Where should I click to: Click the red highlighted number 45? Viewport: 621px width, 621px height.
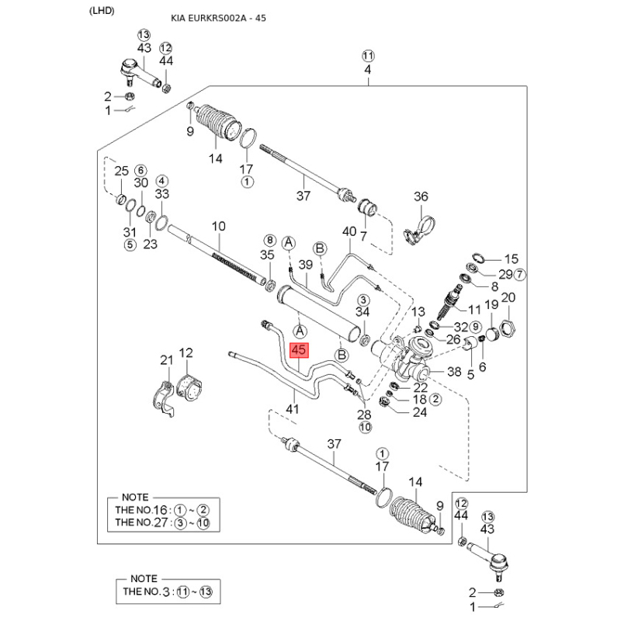point(299,350)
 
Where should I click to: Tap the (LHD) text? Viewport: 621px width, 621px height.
point(102,11)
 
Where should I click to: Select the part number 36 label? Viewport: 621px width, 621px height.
point(421,196)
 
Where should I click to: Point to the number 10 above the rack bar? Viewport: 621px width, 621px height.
point(219,226)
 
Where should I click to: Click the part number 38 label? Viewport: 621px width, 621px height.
point(454,372)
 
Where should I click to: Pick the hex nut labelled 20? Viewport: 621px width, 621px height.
point(508,328)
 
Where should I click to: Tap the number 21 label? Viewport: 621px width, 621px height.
point(167,360)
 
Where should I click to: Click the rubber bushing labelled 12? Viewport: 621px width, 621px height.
point(189,386)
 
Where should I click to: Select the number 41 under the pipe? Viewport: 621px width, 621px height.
point(293,408)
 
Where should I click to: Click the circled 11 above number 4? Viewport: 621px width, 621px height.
point(368,56)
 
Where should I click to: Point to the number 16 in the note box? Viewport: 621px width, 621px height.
point(161,510)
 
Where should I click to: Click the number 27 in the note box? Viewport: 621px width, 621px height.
point(161,522)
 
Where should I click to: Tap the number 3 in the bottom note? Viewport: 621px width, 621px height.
point(166,592)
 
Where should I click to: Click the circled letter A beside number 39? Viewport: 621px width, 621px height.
point(289,243)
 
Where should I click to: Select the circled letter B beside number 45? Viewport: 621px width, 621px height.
point(342,355)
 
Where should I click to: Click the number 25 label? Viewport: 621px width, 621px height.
point(122,171)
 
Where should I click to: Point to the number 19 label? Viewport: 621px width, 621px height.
point(491,304)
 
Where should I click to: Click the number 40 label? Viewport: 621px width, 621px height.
point(349,231)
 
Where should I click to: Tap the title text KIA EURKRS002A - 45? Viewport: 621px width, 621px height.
point(218,18)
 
